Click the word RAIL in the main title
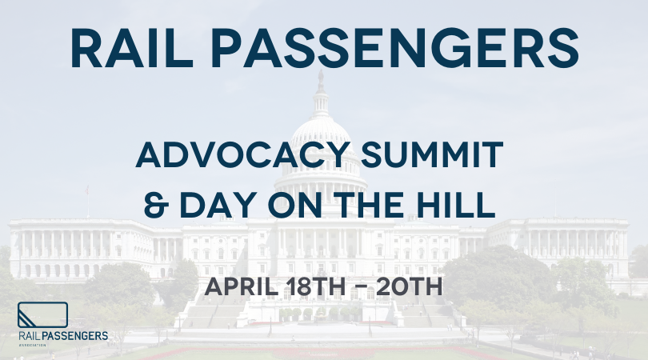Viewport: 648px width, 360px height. click(132, 48)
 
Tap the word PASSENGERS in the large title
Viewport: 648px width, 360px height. click(394, 48)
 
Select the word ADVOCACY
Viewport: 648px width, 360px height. click(243, 154)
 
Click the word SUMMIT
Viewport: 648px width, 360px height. click(432, 154)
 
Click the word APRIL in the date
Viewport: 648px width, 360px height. click(242, 286)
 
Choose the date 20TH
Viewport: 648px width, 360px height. click(409, 286)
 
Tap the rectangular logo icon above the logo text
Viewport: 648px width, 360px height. click(42, 315)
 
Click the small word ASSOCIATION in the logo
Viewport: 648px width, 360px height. click(33, 345)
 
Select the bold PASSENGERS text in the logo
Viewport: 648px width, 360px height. click(75, 336)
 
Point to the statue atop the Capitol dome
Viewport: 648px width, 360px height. click(320, 81)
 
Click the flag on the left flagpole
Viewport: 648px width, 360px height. click(86, 190)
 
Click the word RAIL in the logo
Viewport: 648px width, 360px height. click(30, 336)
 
